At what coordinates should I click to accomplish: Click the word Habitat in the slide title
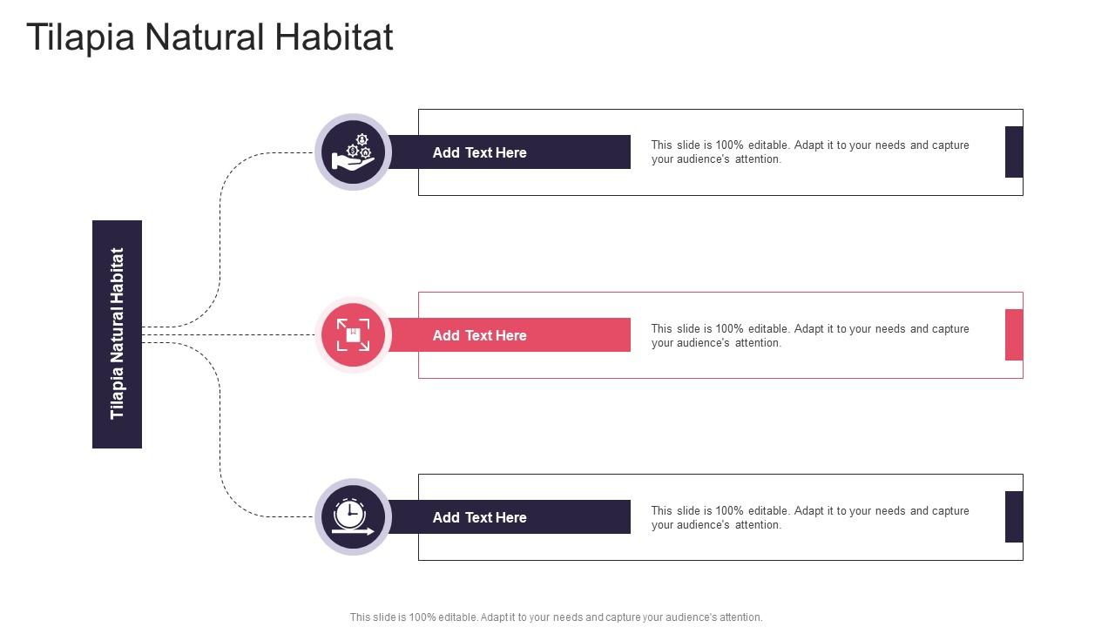pyautogui.click(x=334, y=37)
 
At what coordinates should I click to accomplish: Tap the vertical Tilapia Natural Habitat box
pyautogui.click(x=117, y=334)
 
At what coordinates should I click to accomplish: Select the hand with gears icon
pyautogui.click(x=353, y=152)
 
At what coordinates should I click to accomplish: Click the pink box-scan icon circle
pyautogui.click(x=353, y=335)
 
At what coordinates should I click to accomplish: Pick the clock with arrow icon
pyautogui.click(x=353, y=517)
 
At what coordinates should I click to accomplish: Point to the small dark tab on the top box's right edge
pyautogui.click(x=1014, y=152)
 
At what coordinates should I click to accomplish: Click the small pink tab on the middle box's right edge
pyautogui.click(x=1014, y=335)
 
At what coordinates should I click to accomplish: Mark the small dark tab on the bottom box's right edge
pyautogui.click(x=1014, y=517)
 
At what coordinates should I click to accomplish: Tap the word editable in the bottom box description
pyautogui.click(x=768, y=510)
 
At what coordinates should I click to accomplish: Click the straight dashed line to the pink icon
pyautogui.click(x=228, y=335)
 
